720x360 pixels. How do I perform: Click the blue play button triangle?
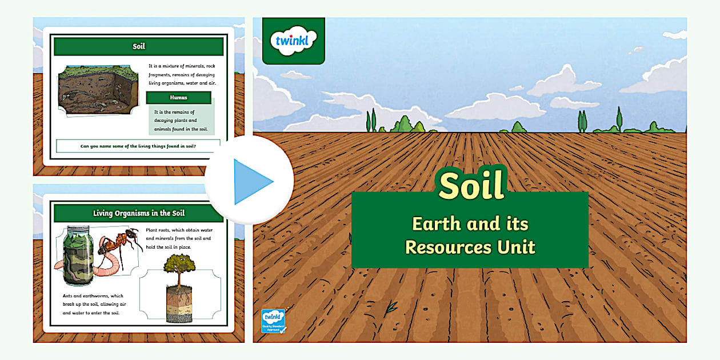(251, 182)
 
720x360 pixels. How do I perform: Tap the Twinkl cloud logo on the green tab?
(293, 41)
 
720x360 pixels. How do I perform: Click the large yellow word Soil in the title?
(472, 184)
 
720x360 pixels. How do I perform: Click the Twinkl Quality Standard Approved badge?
(273, 321)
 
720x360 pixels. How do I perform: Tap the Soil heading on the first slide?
(139, 47)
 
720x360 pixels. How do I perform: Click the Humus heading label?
(178, 98)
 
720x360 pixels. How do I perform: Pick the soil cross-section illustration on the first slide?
(98, 90)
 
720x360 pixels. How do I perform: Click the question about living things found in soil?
(138, 146)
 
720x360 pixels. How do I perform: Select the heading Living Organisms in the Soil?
(139, 213)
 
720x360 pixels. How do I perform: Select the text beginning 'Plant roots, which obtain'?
(178, 238)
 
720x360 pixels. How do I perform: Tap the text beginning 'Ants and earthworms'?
(93, 305)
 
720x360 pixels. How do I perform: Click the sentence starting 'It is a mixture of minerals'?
(182, 74)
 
